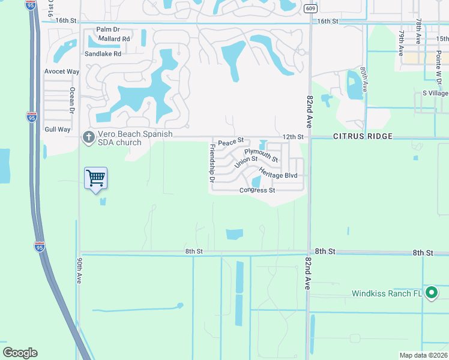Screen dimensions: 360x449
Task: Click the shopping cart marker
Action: [96, 178]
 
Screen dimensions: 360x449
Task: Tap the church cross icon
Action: [88, 137]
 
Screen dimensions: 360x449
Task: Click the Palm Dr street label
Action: [108, 29]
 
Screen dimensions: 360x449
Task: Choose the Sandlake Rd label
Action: [103, 53]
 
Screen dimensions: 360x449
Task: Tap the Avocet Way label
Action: [62, 71]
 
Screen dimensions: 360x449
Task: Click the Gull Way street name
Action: [58, 130]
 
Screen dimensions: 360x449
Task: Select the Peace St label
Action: [231, 142]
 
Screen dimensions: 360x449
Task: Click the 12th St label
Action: [293, 137]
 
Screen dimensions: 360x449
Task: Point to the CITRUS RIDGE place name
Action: [363, 137]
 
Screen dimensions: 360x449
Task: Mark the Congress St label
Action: [257, 191]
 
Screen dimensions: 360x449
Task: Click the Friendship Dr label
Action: [212, 163]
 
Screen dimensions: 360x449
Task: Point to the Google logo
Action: [20, 353]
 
